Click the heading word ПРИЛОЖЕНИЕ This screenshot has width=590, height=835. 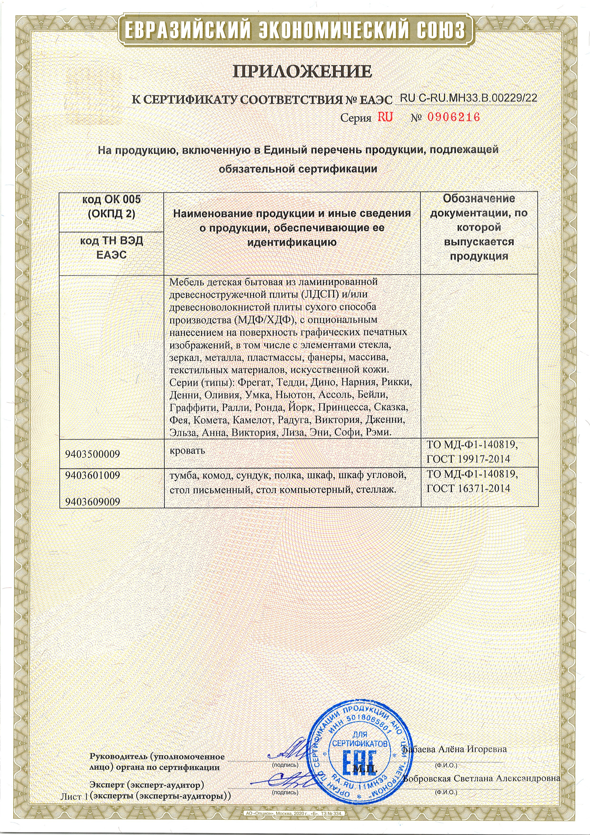pyautogui.click(x=302, y=72)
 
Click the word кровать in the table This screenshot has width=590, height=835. pyautogui.click(x=187, y=450)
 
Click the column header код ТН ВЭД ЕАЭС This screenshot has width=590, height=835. pyautogui.click(x=112, y=248)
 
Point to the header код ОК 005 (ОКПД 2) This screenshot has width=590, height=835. pyautogui.click(x=112, y=206)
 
